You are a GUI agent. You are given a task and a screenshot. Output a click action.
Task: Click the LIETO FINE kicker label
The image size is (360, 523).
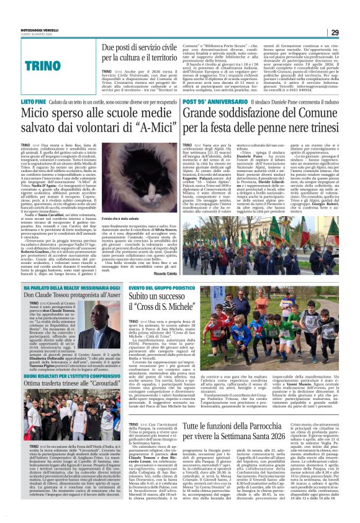(34, 99)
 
